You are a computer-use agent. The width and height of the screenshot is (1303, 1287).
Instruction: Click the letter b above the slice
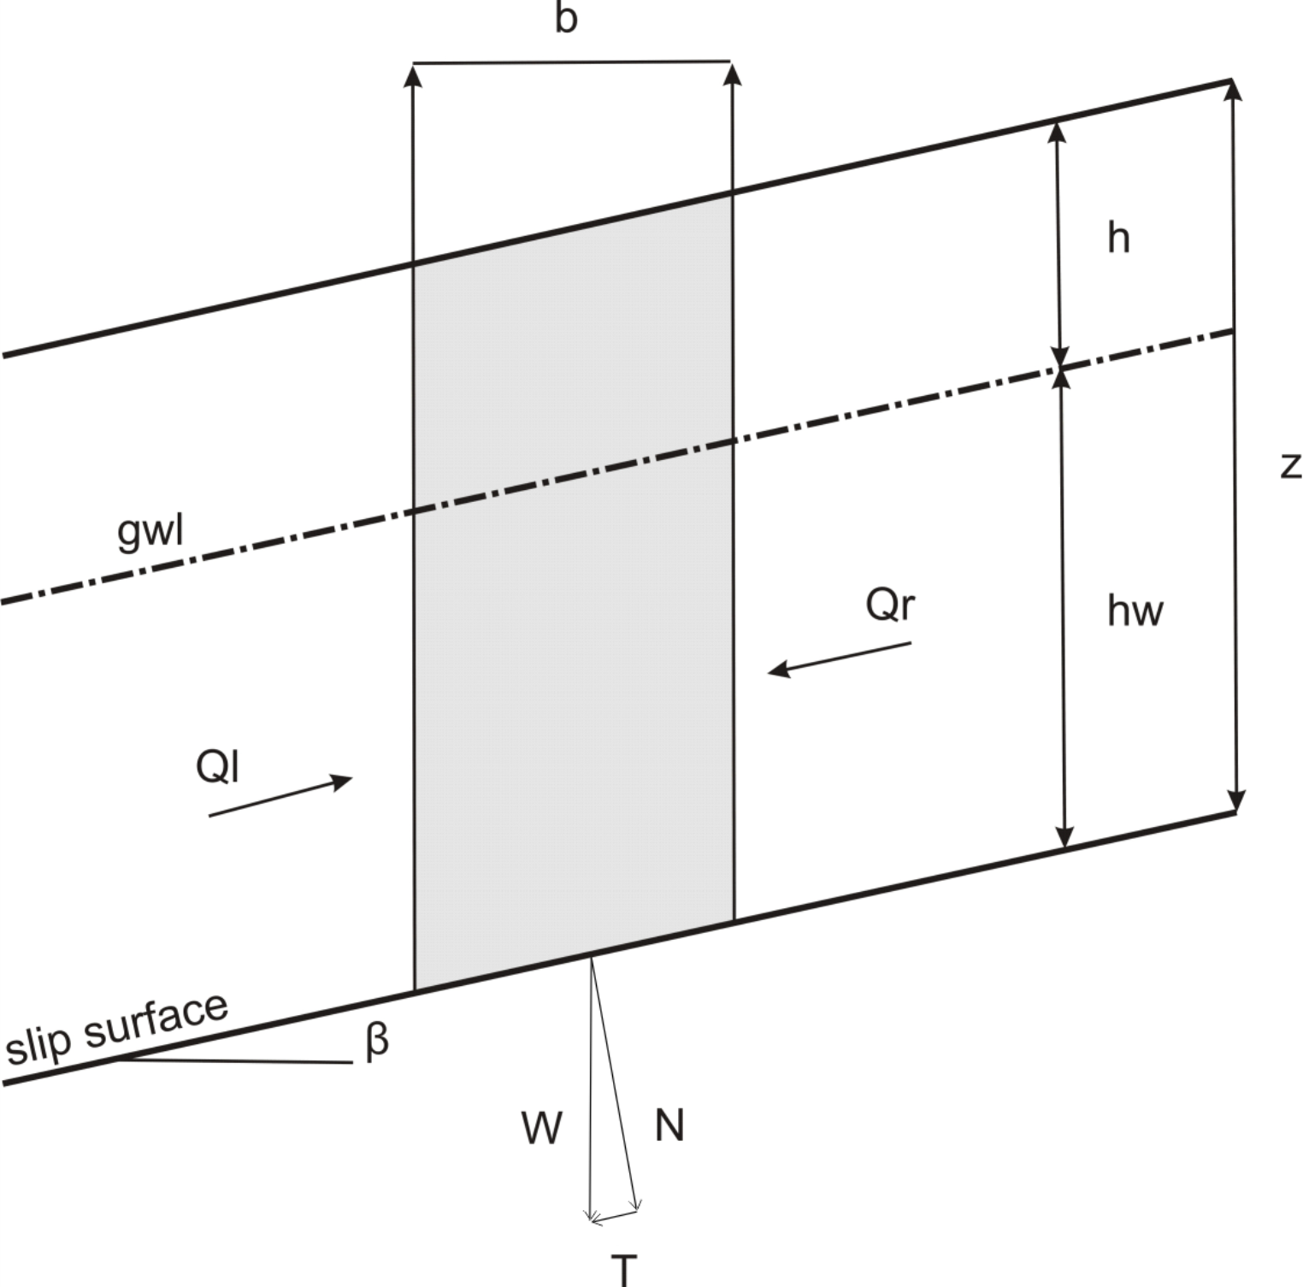[x=565, y=18]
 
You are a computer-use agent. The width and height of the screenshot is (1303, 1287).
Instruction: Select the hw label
[x=1135, y=611]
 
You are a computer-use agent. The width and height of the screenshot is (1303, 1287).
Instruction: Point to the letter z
[x=1290, y=464]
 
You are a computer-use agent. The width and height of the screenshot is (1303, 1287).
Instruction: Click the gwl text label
[x=150, y=531]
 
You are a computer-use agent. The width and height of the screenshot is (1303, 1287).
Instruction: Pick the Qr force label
[x=890, y=605]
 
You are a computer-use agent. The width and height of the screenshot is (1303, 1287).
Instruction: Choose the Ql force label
[x=217, y=766]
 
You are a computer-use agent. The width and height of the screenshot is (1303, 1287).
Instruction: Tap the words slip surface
[x=117, y=1030]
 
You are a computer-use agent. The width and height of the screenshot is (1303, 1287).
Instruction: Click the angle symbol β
[x=377, y=1041]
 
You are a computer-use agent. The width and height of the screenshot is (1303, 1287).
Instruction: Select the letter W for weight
[x=542, y=1128]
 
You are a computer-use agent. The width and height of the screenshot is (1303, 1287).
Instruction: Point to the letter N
[x=669, y=1125]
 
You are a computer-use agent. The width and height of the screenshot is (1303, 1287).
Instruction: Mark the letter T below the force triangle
[x=625, y=1270]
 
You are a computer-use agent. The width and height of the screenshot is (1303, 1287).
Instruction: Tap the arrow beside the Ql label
[x=281, y=796]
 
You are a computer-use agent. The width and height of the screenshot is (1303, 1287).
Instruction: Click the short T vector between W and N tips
[x=615, y=1215]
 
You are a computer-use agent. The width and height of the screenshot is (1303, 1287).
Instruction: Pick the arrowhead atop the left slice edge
[x=413, y=74]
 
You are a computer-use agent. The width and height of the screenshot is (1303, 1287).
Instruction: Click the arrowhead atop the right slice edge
[x=732, y=74]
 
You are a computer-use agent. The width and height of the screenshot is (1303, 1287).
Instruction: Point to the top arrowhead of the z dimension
[x=1232, y=89]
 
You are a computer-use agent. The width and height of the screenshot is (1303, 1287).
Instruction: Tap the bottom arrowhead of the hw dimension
[x=1064, y=837]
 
